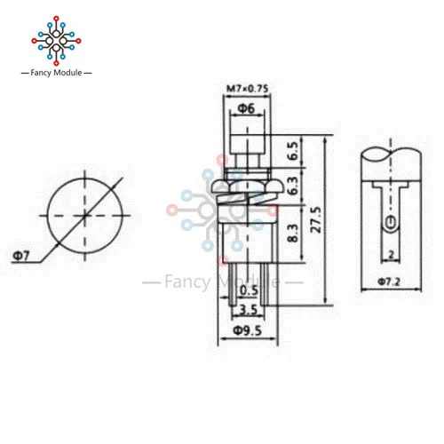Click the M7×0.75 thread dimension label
[247, 88]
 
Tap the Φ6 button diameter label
[246, 108]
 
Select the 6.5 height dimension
[293, 151]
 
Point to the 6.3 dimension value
[293, 186]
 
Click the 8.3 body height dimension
[293, 233]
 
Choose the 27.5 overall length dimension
[315, 219]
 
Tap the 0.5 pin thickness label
[249, 290]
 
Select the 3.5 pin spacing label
[248, 310]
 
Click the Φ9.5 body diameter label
[248, 330]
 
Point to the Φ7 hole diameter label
[21, 256]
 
